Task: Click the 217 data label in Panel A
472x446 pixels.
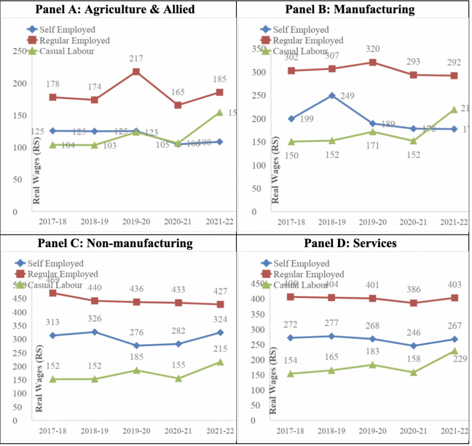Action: [x=136, y=59]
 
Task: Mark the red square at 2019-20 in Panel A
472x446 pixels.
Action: [x=136, y=72]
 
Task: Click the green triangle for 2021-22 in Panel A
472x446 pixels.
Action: [x=219, y=112]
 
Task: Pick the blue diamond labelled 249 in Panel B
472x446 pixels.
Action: [x=331, y=96]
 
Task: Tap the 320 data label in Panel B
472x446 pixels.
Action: [x=373, y=49]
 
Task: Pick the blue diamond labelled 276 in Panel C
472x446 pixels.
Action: [x=136, y=345]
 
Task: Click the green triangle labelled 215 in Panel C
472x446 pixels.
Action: [x=219, y=362]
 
